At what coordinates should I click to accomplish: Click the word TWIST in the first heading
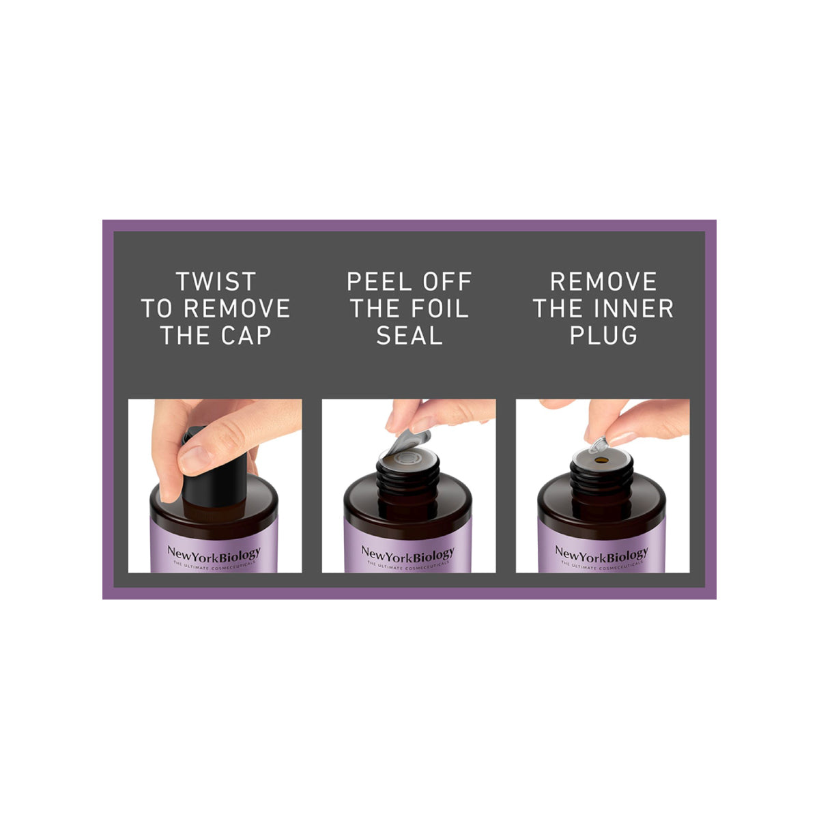215,282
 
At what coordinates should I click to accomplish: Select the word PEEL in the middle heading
375,282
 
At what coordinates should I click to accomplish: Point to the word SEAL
409,336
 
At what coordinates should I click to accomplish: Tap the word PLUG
603,336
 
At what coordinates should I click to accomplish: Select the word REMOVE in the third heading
603,282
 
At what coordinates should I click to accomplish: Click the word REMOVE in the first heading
237,308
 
